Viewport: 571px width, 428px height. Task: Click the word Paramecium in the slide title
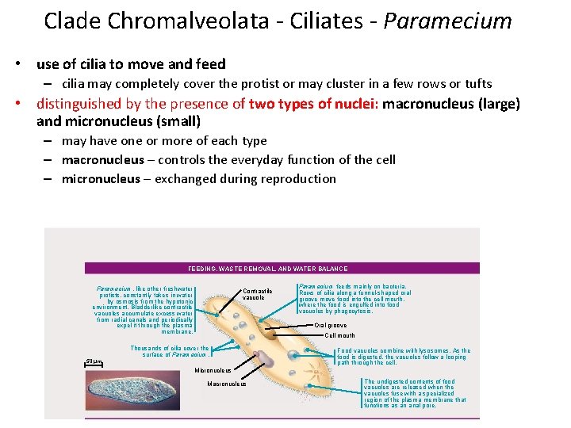447,21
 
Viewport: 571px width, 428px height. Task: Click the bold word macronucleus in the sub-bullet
103,159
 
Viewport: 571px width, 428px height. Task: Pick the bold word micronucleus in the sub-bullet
102,178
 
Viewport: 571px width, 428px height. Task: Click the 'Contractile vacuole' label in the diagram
258,294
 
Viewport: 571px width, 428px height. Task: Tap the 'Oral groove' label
331,325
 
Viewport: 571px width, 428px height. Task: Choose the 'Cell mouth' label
340,335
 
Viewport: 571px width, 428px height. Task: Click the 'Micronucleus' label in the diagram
213,370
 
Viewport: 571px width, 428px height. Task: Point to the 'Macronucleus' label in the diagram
226,384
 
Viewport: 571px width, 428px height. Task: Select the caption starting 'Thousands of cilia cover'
170,351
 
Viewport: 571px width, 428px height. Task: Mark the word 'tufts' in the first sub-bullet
476,84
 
